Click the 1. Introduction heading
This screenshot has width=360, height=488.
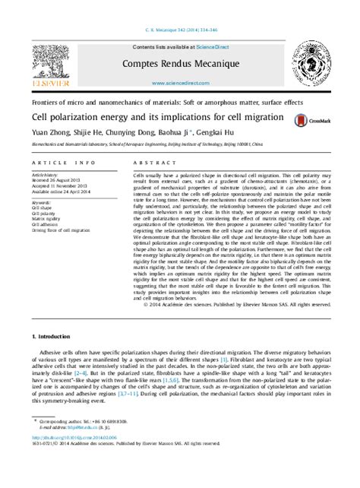[56, 336]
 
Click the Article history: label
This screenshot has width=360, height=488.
[47, 174]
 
